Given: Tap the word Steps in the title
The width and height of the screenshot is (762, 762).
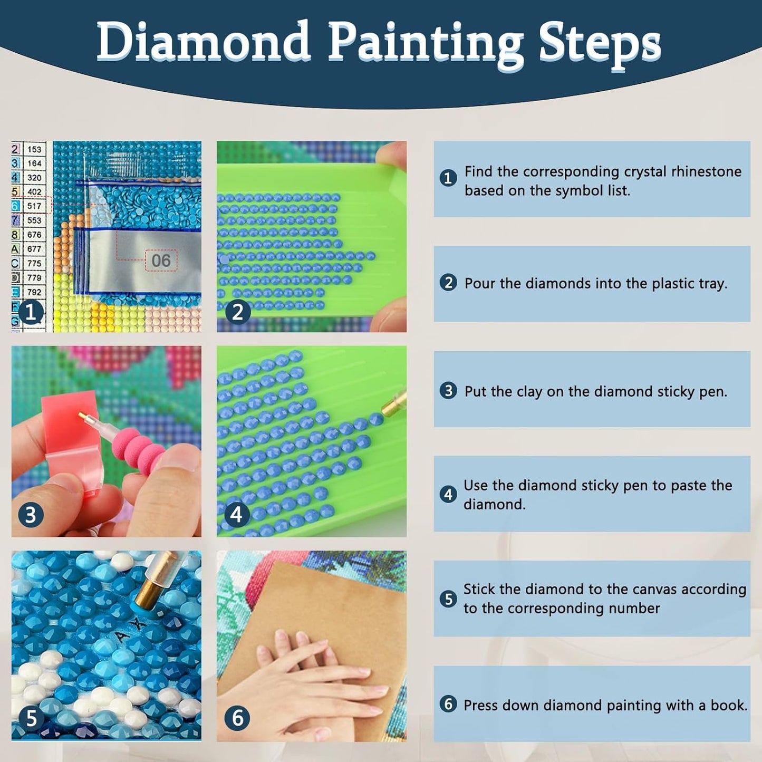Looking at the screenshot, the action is pyautogui.click(x=600, y=46).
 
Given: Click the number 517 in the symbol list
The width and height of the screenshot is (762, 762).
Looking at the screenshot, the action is pyautogui.click(x=34, y=206).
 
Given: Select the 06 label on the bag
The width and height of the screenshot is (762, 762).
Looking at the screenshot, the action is pyautogui.click(x=161, y=261).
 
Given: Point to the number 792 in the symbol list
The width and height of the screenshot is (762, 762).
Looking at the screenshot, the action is pyautogui.click(x=34, y=292).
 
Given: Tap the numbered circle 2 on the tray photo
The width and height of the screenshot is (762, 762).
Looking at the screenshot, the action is pyautogui.click(x=238, y=312).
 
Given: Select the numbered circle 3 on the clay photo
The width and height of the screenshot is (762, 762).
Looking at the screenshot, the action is pyautogui.click(x=31, y=516).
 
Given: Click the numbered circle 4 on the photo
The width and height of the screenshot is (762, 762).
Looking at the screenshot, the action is pyautogui.click(x=236, y=515).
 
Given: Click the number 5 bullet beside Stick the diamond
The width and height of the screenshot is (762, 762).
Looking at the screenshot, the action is pyautogui.click(x=448, y=599).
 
